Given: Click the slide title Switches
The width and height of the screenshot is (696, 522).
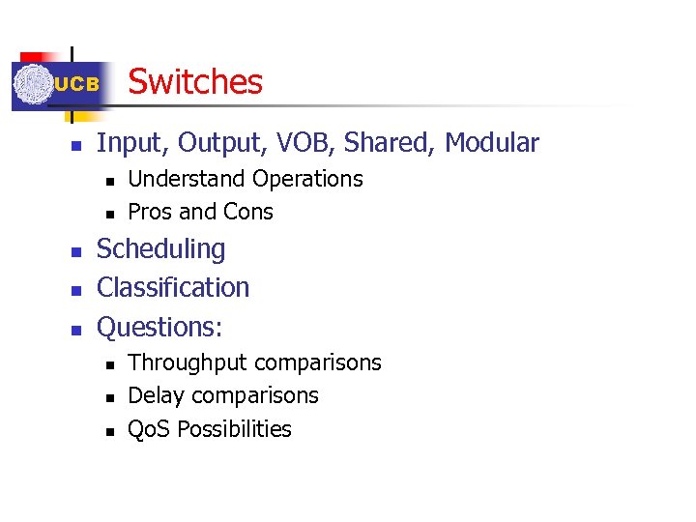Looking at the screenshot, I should pyautogui.click(x=195, y=81).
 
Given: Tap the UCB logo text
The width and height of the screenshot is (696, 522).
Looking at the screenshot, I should pyautogui.click(x=76, y=85).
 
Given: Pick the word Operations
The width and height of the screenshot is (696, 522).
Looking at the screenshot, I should pyautogui.click(x=307, y=179).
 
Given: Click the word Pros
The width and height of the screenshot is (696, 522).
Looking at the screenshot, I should pyautogui.click(x=148, y=212).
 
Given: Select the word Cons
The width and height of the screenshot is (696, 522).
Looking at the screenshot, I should pyautogui.click(x=248, y=212).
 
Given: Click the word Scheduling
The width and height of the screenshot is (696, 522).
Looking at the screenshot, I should pyautogui.click(x=161, y=249).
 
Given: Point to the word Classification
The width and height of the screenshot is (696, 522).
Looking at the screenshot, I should pyautogui.click(x=173, y=287).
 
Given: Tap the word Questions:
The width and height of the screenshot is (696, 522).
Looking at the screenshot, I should pyautogui.click(x=159, y=327).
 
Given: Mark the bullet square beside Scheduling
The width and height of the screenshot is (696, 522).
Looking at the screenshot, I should pyautogui.click(x=75, y=251).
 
